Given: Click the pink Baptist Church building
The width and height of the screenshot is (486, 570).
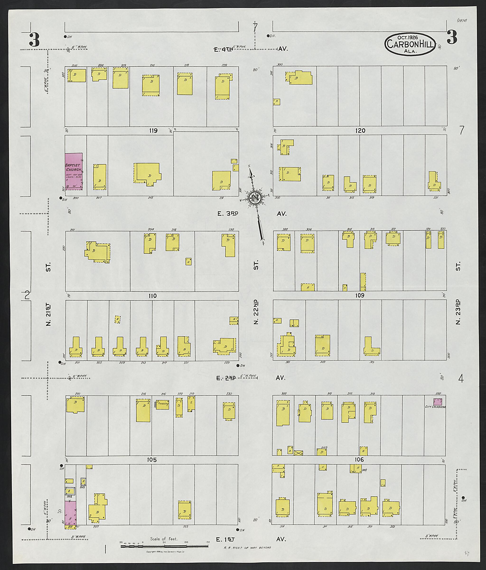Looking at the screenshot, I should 73,171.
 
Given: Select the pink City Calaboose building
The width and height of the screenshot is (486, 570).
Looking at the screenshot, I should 438,401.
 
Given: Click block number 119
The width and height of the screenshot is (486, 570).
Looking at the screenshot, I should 153,131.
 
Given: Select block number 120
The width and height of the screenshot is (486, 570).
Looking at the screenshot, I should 360,131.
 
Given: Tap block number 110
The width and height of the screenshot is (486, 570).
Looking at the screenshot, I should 152,296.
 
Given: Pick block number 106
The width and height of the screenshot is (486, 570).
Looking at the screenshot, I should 359,460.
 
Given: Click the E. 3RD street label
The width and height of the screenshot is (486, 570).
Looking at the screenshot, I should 228,213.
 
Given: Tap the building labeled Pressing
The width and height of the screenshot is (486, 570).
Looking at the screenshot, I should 162,405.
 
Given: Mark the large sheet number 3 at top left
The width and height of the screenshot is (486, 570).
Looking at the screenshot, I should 34,40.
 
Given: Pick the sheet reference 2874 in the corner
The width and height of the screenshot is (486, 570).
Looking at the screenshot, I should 462,20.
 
